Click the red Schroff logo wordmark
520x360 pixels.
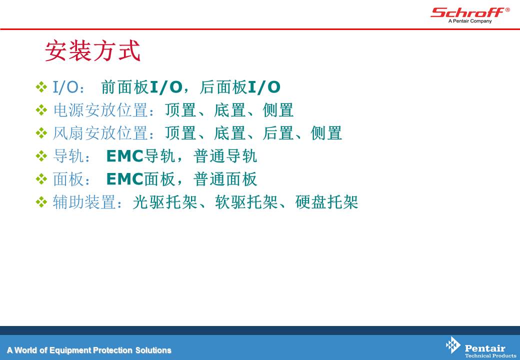[x=467, y=12]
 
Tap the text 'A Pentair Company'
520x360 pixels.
[x=470, y=21]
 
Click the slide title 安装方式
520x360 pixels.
[x=93, y=50]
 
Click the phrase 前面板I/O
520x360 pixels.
[x=141, y=87]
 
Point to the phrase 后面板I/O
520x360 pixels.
[x=240, y=87]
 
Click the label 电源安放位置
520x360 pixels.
[x=100, y=110]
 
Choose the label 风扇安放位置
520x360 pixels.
[x=100, y=133]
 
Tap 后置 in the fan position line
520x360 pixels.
[x=278, y=133]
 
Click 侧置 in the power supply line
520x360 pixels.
[x=278, y=110]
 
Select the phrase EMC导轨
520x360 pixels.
[x=140, y=156]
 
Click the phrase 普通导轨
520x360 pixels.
[x=225, y=156]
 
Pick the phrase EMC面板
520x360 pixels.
[x=140, y=179]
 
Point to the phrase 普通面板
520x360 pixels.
[x=225, y=179]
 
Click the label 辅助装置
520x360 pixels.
[x=84, y=202]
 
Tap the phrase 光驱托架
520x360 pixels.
[x=165, y=202]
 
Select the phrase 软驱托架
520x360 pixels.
[x=246, y=202]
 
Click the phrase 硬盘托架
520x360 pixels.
[x=326, y=202]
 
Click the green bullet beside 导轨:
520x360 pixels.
[x=41, y=156]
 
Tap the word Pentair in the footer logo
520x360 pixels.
[x=485, y=348]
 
